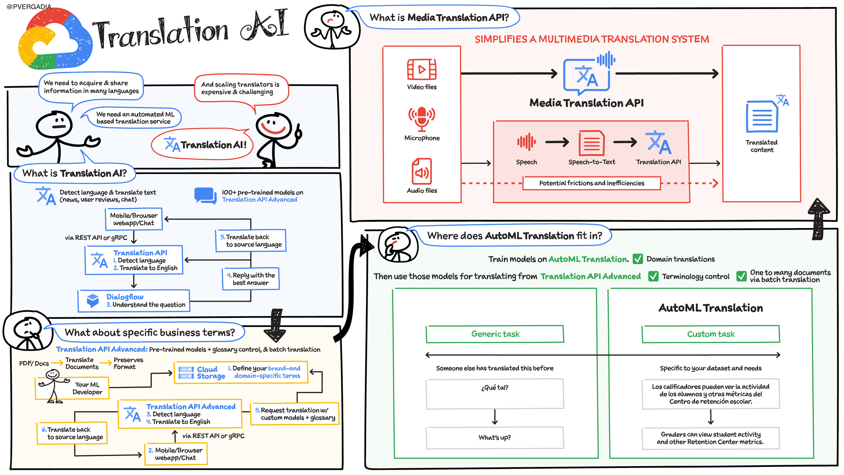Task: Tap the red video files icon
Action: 422,69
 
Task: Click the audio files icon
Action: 422,172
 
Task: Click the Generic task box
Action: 495,334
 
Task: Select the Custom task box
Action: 711,334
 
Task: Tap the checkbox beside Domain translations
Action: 637,259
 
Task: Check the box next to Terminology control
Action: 653,276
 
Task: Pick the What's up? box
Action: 495,438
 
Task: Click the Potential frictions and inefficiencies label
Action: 591,183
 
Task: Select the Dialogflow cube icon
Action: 93,300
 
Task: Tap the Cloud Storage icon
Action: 186,373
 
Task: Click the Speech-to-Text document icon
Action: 591,143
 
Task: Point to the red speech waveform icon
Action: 526,142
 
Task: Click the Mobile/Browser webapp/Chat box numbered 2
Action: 176,454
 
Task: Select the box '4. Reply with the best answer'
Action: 251,279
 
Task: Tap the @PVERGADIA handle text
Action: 29,7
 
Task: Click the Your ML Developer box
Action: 72,388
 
